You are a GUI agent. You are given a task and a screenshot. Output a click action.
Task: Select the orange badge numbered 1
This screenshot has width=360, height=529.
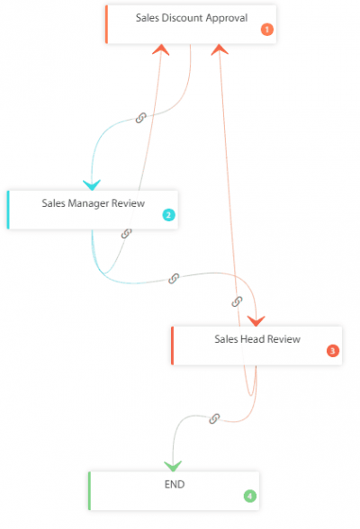pyautogui.click(x=266, y=30)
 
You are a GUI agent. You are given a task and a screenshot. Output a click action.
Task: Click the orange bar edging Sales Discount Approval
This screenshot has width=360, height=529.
pyautogui.click(x=106, y=24)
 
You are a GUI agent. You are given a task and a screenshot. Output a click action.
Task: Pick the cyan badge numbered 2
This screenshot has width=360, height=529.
pyautogui.click(x=167, y=215)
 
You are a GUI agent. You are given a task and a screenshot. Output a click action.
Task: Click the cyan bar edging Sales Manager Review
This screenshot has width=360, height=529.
pyautogui.click(x=8, y=209)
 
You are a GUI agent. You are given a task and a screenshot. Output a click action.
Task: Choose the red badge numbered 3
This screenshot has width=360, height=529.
pyautogui.click(x=332, y=351)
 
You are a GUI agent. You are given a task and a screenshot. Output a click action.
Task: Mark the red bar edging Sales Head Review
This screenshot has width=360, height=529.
pyautogui.click(x=172, y=345)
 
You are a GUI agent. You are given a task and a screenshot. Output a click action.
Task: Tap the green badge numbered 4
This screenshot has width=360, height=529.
pyautogui.click(x=249, y=496)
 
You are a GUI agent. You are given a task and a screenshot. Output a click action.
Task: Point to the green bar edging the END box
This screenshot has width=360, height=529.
pyautogui.click(x=89, y=491)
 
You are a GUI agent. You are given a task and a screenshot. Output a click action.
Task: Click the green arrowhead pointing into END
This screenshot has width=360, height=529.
pyautogui.click(x=173, y=465)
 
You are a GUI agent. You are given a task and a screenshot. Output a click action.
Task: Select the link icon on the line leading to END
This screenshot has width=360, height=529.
pyautogui.click(x=214, y=418)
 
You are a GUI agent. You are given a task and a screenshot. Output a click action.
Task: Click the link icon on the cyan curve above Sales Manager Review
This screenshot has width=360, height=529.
pyautogui.click(x=140, y=118)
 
